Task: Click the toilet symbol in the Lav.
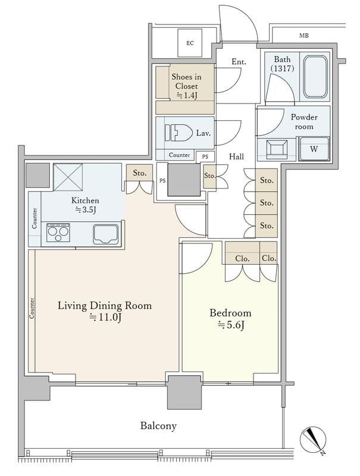click(x=179, y=133)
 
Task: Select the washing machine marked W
click(x=314, y=149)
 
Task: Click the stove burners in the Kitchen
click(x=58, y=233)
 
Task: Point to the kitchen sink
click(x=105, y=234)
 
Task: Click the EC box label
click(x=190, y=43)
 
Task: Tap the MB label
click(x=304, y=36)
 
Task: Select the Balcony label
click(x=158, y=425)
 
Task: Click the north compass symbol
click(x=314, y=440)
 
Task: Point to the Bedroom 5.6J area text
click(x=230, y=319)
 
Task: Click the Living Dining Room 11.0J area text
click(x=105, y=311)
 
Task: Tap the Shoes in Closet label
click(x=186, y=86)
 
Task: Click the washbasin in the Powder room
click(x=276, y=149)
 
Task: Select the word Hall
click(x=236, y=156)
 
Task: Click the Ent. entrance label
click(x=239, y=62)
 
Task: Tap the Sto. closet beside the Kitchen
click(x=140, y=173)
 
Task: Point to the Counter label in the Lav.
click(x=179, y=155)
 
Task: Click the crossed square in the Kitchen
click(x=68, y=177)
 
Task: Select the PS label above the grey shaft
click(x=205, y=156)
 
